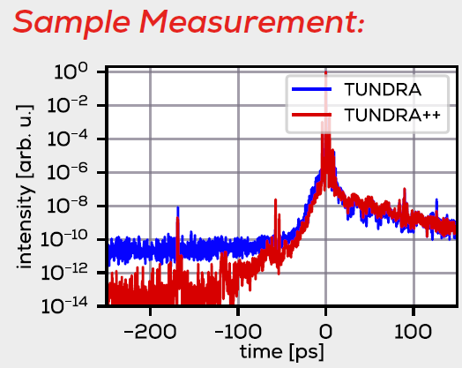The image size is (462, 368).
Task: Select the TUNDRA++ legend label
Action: click(392, 115)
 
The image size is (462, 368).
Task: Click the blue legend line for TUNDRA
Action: click(312, 89)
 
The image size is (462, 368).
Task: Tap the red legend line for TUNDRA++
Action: click(312, 115)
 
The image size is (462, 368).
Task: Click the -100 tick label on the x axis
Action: click(238, 332)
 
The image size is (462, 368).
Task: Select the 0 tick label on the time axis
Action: click(325, 332)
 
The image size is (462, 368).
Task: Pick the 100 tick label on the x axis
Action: click(414, 332)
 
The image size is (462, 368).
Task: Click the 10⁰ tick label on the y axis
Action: click(71, 71)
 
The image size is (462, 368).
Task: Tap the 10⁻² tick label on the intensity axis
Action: click(68, 105)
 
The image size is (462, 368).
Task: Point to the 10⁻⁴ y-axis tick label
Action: click(68, 139)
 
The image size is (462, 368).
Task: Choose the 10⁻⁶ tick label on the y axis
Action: click(68, 172)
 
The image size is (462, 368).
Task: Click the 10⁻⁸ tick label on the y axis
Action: click(68, 206)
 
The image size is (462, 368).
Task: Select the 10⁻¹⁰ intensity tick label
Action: click(64, 239)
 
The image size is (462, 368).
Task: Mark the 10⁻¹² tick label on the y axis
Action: click(64, 273)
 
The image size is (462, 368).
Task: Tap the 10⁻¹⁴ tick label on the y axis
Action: click(64, 306)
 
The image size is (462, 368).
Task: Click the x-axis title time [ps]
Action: click(282, 352)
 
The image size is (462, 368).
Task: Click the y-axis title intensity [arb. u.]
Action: click(25, 187)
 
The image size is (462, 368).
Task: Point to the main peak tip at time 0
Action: click(325, 72)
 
